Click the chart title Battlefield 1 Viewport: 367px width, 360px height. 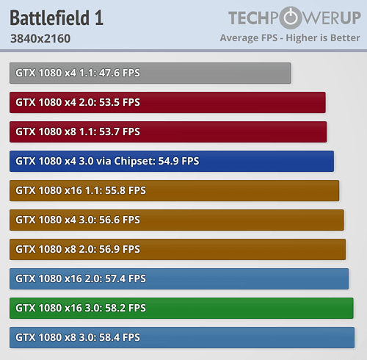[x=57, y=18]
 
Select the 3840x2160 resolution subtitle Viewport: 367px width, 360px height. [x=40, y=38]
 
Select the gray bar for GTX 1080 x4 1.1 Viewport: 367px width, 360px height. [x=150, y=73]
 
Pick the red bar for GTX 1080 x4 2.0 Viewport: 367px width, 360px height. [x=167, y=102]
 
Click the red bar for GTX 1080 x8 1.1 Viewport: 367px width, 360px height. [x=168, y=132]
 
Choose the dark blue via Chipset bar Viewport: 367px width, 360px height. [x=172, y=161]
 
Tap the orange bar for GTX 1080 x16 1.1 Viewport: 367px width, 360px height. [x=175, y=190]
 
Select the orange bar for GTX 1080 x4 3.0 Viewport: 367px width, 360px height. [x=177, y=220]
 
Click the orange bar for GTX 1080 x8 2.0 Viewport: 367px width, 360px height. [x=178, y=249]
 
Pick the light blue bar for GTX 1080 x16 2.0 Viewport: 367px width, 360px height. [x=179, y=278]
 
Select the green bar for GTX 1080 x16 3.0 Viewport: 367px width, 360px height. [x=181, y=308]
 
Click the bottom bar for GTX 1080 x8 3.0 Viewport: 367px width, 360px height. [x=182, y=337]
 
